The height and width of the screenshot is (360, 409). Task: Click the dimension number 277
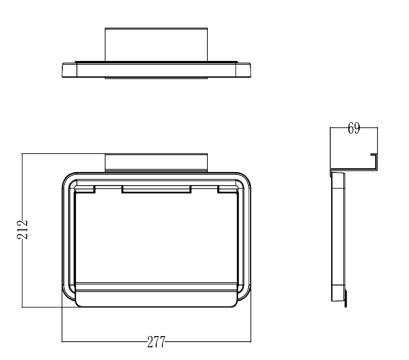[x=156, y=342]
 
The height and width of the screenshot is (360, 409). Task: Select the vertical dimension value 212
[x=23, y=229]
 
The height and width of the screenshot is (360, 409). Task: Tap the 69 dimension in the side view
[x=354, y=128]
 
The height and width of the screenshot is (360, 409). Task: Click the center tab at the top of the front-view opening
[x=157, y=189]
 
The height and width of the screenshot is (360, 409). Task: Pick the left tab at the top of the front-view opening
[x=85, y=189]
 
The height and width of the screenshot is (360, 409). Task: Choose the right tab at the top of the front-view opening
[x=227, y=189]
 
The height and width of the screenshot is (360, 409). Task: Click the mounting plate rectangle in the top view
[x=156, y=45]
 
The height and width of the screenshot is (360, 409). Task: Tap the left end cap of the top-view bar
[x=69, y=70]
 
